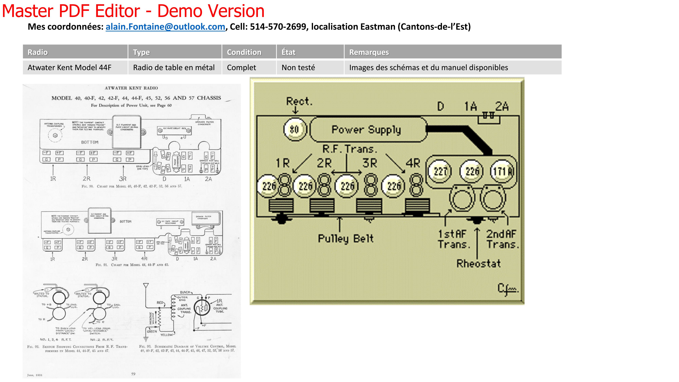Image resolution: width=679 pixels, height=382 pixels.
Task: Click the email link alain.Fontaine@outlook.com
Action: coord(165,27)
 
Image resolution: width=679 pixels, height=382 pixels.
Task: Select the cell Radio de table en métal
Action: coord(174,68)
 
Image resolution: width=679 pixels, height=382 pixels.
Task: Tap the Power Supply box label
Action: coord(366,130)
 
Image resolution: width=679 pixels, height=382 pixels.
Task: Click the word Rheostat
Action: coord(478,263)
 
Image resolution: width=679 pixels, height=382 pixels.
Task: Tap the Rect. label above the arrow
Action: coord(299,101)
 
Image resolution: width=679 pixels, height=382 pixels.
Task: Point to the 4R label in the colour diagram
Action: coord(413,163)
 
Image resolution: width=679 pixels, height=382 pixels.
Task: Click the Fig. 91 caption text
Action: coord(132,265)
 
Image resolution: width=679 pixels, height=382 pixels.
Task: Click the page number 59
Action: coord(133,374)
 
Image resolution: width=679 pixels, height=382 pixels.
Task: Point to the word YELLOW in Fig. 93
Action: coord(167,335)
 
